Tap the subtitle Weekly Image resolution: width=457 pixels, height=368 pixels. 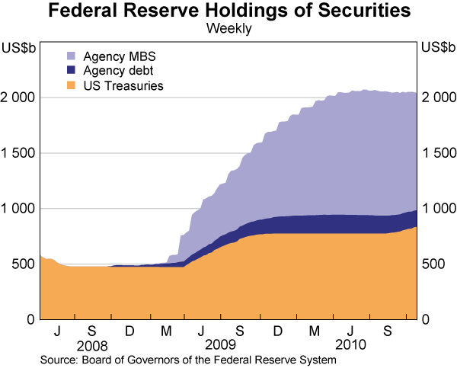pos(228,30)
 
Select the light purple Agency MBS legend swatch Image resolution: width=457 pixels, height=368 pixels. pos(72,56)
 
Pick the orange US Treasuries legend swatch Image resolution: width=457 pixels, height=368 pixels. pos(72,86)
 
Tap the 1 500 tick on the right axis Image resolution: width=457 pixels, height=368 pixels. pos(437,153)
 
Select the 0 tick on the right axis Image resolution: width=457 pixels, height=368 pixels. pos(426,319)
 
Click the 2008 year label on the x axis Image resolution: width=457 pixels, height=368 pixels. pos(91,344)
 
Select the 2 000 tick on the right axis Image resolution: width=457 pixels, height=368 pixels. pos(437,98)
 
